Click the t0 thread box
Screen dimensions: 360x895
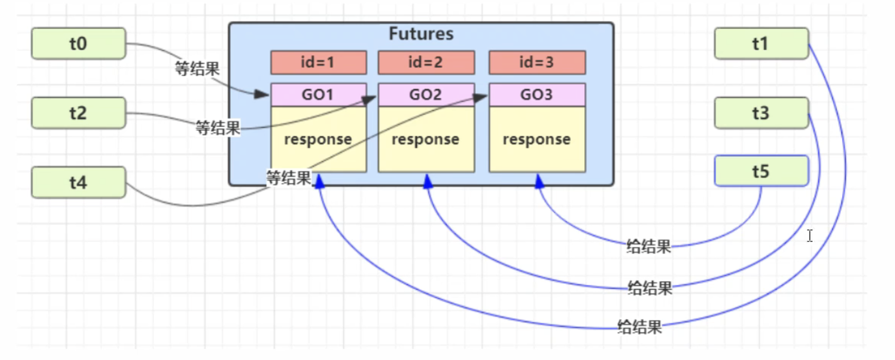click(x=78, y=43)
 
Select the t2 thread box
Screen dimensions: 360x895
click(x=78, y=113)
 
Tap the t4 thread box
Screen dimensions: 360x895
click(x=78, y=182)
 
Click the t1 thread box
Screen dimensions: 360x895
click(x=761, y=43)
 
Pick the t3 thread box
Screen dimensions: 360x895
click(x=761, y=113)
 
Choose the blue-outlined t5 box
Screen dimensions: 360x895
click(x=761, y=171)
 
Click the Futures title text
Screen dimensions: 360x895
click(x=421, y=34)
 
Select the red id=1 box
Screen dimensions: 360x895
click(x=318, y=63)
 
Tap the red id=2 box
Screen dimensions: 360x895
click(x=426, y=63)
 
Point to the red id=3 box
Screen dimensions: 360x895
click(x=537, y=63)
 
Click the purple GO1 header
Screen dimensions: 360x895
click(x=318, y=95)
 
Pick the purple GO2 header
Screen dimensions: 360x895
click(x=426, y=95)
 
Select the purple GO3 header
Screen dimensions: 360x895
click(x=537, y=95)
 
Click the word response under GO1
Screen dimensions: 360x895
click(x=318, y=139)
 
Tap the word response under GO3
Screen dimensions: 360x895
click(x=537, y=139)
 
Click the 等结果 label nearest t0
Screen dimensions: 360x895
click(x=197, y=69)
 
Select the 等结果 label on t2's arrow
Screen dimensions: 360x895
click(x=218, y=128)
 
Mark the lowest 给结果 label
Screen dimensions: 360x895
click(x=640, y=327)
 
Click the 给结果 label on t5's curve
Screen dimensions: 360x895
click(x=649, y=247)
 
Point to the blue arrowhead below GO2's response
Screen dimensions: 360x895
click(x=428, y=182)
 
